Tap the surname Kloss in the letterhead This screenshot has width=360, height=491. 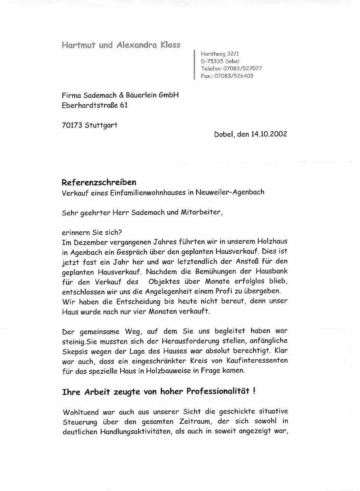tap(170, 45)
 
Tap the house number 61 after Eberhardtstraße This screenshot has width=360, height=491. tap(123, 105)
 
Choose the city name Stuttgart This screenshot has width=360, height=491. tap(101, 125)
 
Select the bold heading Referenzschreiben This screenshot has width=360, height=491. tap(99, 183)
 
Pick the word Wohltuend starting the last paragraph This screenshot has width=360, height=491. tap(80, 412)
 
